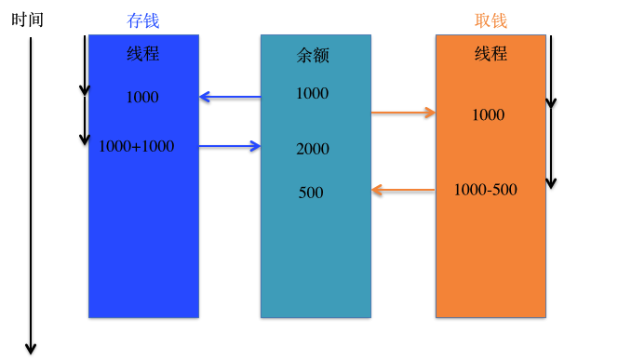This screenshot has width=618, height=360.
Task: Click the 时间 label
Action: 28,20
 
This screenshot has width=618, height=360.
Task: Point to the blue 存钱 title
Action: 143,20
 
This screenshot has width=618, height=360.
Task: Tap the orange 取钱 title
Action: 490,20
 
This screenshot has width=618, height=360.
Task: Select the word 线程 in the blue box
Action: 143,54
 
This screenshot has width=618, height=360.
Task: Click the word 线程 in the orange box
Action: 490,54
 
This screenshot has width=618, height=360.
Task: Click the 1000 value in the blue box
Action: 142,97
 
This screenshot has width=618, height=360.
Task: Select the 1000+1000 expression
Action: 136,146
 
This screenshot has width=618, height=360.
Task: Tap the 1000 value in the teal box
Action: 312,93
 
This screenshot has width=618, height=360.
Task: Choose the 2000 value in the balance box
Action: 313,149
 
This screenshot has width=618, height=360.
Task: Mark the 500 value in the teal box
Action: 311,193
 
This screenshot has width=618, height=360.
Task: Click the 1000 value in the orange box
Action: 488,115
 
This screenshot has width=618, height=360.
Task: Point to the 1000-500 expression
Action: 486,190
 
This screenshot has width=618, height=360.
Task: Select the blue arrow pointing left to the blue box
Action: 230,96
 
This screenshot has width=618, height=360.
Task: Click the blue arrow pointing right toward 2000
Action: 230,145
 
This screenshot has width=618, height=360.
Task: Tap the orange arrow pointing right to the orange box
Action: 403,113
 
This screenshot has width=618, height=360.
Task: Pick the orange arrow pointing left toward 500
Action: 403,191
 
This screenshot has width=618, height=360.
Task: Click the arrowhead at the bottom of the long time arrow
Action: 31,348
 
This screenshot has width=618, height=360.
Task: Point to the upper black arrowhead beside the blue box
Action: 85,90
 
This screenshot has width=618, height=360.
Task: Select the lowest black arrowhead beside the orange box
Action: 550,182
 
